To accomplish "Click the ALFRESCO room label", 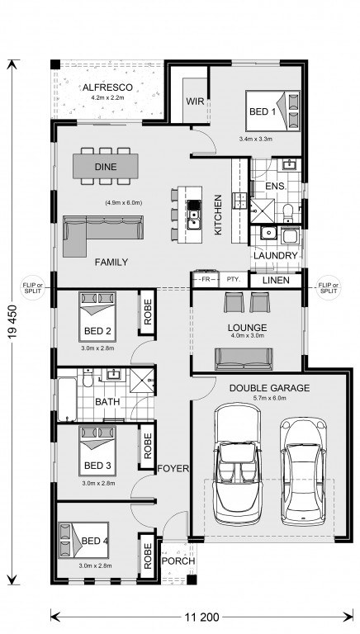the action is pyautogui.click(x=107, y=88).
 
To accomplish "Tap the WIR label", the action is pyautogui.click(x=195, y=101).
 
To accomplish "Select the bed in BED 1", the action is pyautogui.click(x=272, y=111).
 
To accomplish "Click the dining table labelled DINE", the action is pyautogui.click(x=106, y=166).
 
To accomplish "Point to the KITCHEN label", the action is pyautogui.click(x=218, y=215).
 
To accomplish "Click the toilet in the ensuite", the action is pyautogui.click(x=288, y=213).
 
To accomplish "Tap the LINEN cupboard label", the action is pyautogui.click(x=276, y=280).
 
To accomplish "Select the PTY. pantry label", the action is pyautogui.click(x=234, y=279).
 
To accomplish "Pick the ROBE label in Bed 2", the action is pyautogui.click(x=148, y=312).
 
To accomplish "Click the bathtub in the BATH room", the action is pyautogui.click(x=67, y=400).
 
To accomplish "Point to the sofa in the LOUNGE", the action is pyautogui.click(x=244, y=359).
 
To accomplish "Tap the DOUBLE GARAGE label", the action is pyautogui.click(x=269, y=388).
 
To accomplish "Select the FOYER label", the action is pyautogui.click(x=173, y=469).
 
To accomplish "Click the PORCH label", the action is pyautogui.click(x=178, y=561).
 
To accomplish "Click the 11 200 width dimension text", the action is pyautogui.click(x=201, y=617).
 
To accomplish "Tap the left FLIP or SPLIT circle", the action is pyautogui.click(x=32, y=288).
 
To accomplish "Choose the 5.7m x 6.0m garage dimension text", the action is pyautogui.click(x=269, y=398).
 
